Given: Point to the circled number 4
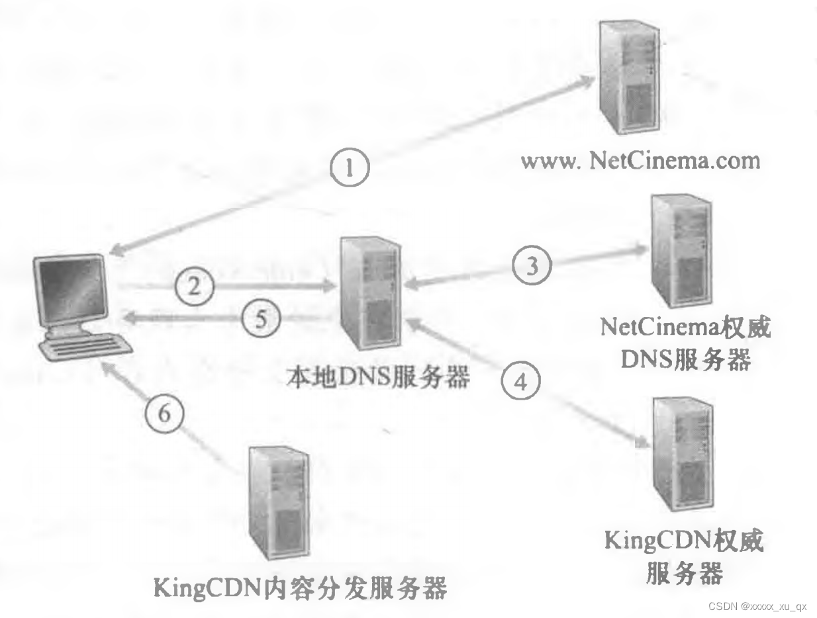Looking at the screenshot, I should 520,381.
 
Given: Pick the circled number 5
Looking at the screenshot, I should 260,319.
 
